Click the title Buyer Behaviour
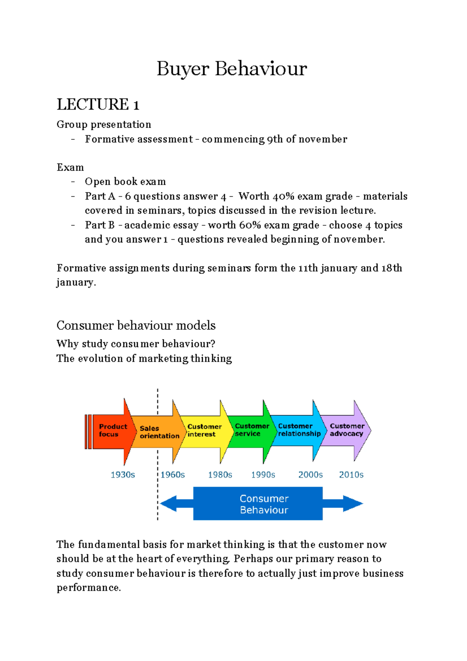pyautogui.click(x=232, y=69)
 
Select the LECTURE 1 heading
pyautogui.click(x=98, y=104)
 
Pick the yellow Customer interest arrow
pyautogui.click(x=204, y=431)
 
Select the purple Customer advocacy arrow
pyautogui.click(x=347, y=430)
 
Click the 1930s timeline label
pyautogui.click(x=123, y=475)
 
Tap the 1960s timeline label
pyautogui.click(x=173, y=475)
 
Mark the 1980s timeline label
pyautogui.click(x=220, y=475)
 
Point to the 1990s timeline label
pyautogui.click(x=263, y=475)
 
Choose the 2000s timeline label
pyautogui.click(x=311, y=475)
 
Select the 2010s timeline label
pyautogui.click(x=351, y=475)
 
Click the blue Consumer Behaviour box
pyautogui.click(x=258, y=504)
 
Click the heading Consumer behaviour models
pyautogui.click(x=136, y=325)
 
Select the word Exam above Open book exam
pyautogui.click(x=70, y=168)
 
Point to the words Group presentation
pyautogui.click(x=104, y=125)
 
